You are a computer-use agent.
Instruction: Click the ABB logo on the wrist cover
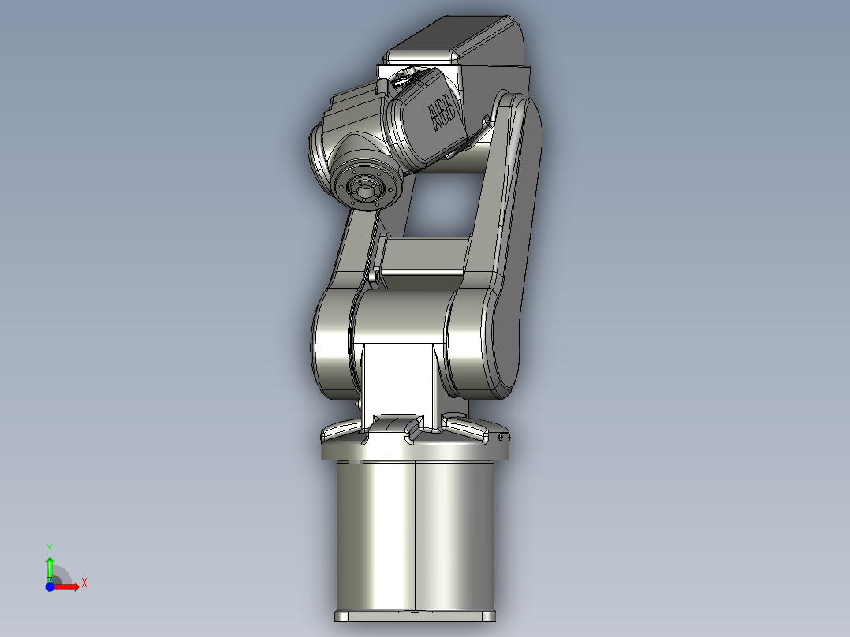point(442,115)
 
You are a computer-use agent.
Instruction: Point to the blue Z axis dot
point(50,587)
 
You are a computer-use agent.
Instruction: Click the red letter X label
point(84,583)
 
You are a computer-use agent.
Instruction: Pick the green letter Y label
point(50,547)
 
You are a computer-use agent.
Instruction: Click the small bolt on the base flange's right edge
point(505,438)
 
